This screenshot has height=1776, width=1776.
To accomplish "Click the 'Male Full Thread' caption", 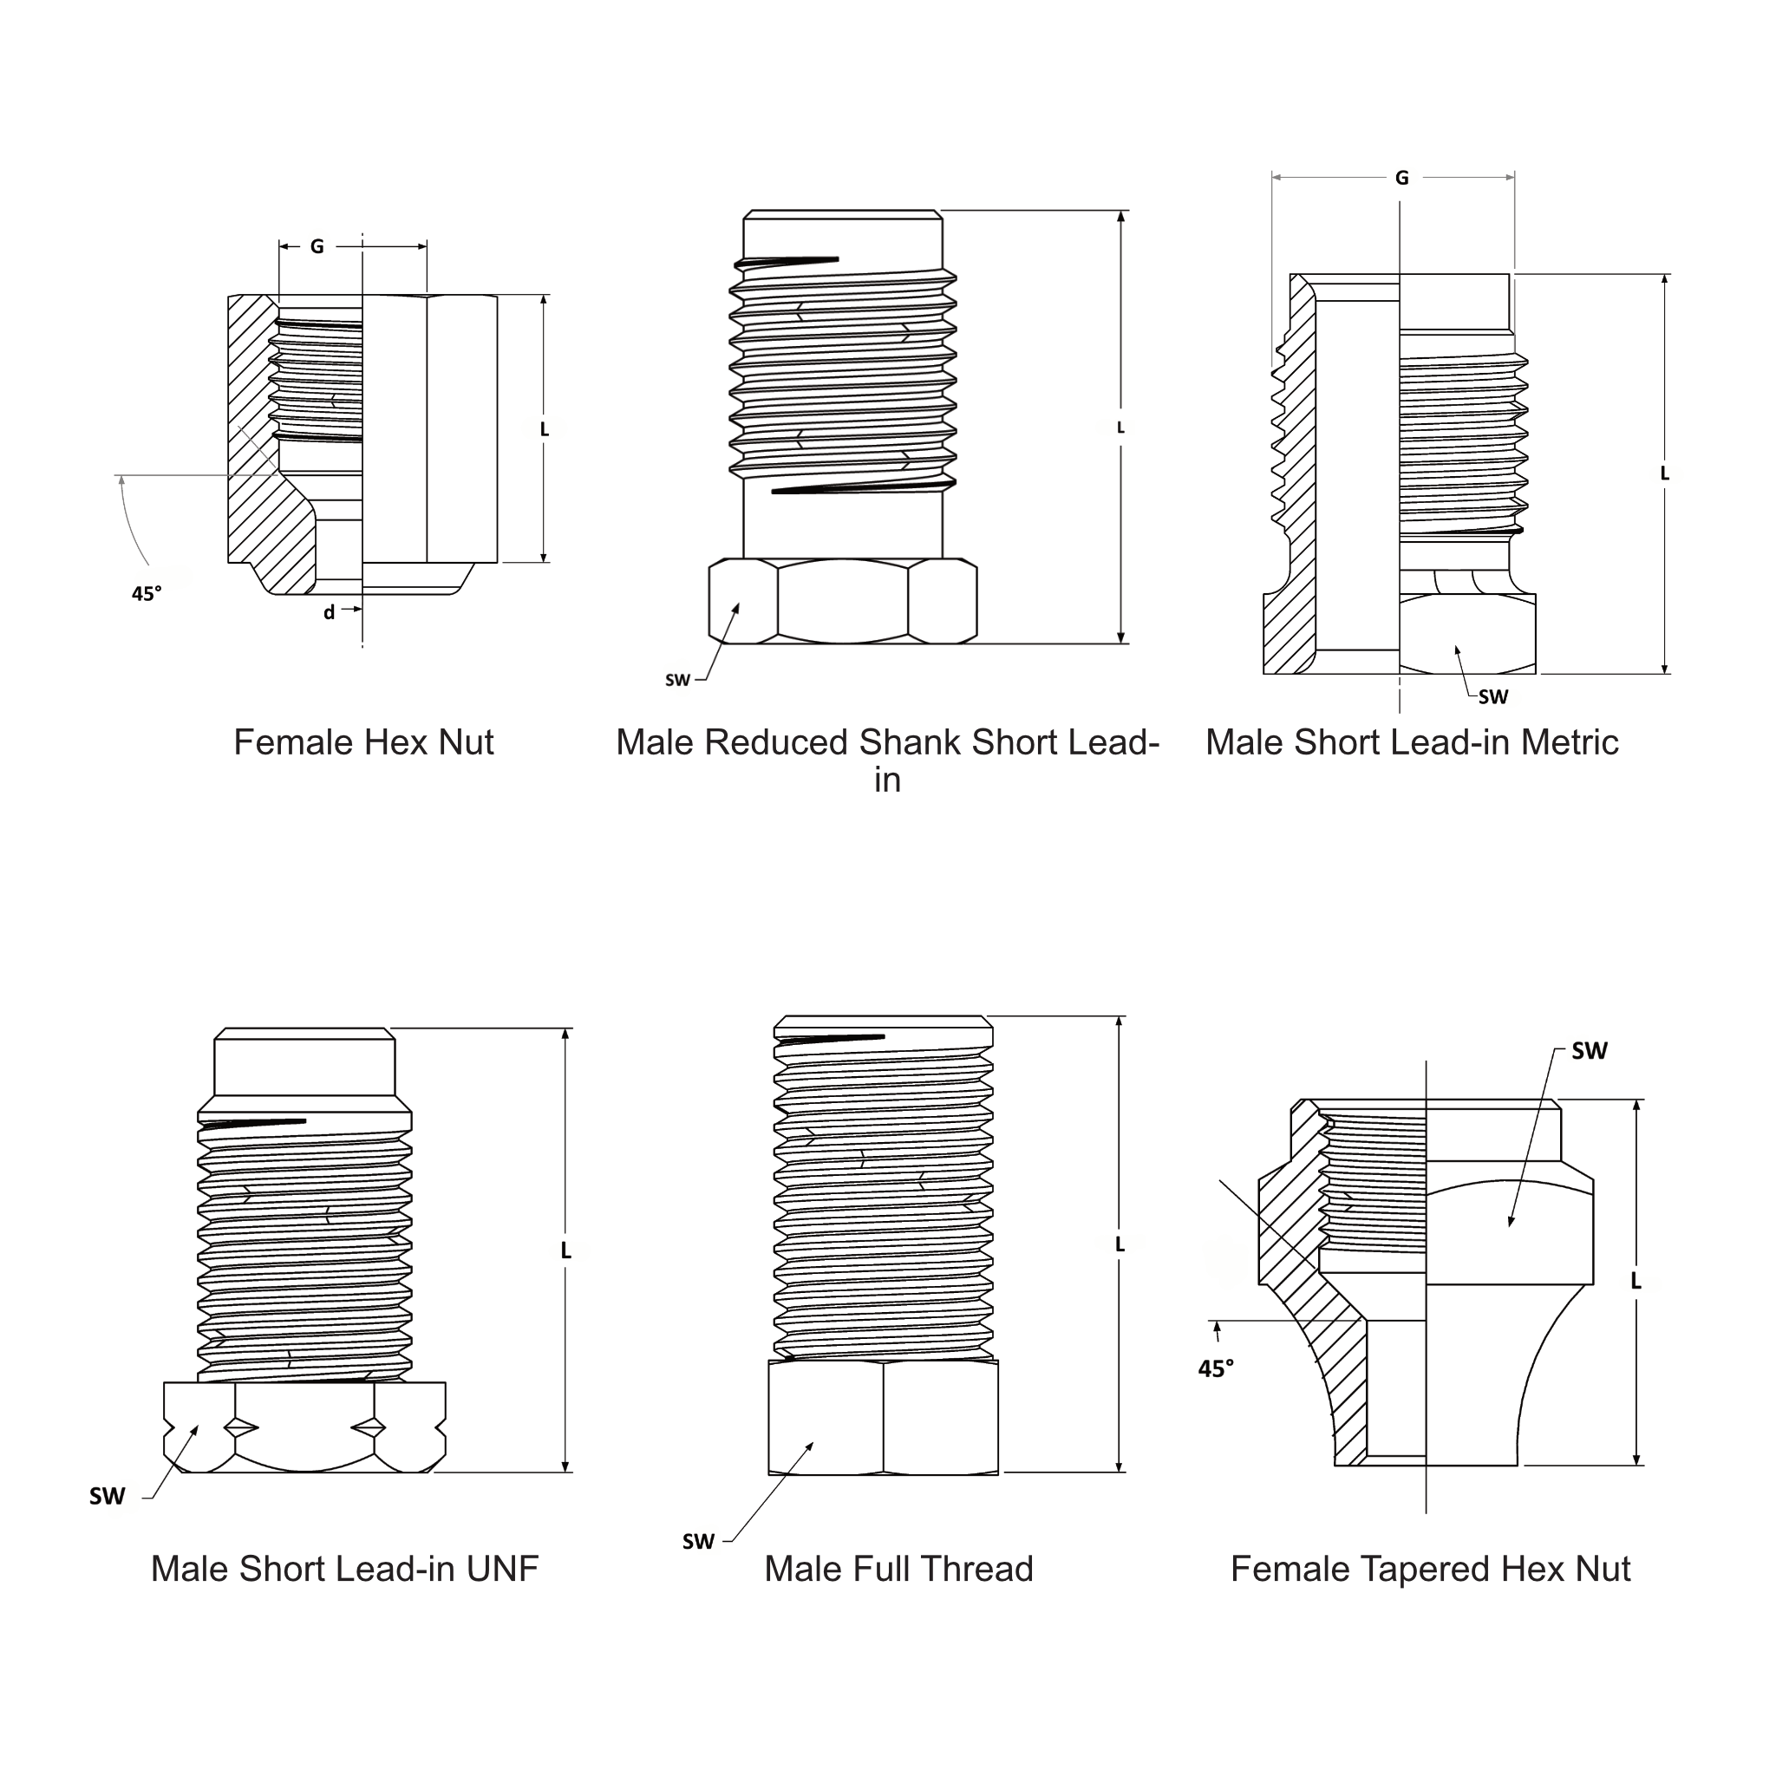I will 898,1568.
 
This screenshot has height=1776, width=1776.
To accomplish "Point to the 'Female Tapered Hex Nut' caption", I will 1429,1568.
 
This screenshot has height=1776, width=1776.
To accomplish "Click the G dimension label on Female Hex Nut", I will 317,246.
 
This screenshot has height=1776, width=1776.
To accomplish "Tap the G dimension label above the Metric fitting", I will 1401,178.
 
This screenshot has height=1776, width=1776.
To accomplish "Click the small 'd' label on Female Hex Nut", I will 328,612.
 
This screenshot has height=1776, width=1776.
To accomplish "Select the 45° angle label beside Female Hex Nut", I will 147,594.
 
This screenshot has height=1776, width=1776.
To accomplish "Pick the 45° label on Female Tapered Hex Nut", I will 1215,1368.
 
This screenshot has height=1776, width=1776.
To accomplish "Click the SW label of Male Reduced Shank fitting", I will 677,680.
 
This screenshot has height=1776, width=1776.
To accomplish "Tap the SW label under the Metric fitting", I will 1493,697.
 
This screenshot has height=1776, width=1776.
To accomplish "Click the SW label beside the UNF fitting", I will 107,1497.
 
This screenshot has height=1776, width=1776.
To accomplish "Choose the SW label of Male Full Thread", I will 698,1542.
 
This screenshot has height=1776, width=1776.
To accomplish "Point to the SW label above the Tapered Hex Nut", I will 1589,1051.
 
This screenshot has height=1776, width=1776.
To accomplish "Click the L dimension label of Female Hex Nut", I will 545,429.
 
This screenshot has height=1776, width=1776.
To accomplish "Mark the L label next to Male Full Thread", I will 1120,1244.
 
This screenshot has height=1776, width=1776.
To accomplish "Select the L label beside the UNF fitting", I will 565,1250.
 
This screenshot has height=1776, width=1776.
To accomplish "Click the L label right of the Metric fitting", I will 1664,473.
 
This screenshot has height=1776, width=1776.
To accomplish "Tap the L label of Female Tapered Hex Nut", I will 1636,1281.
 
